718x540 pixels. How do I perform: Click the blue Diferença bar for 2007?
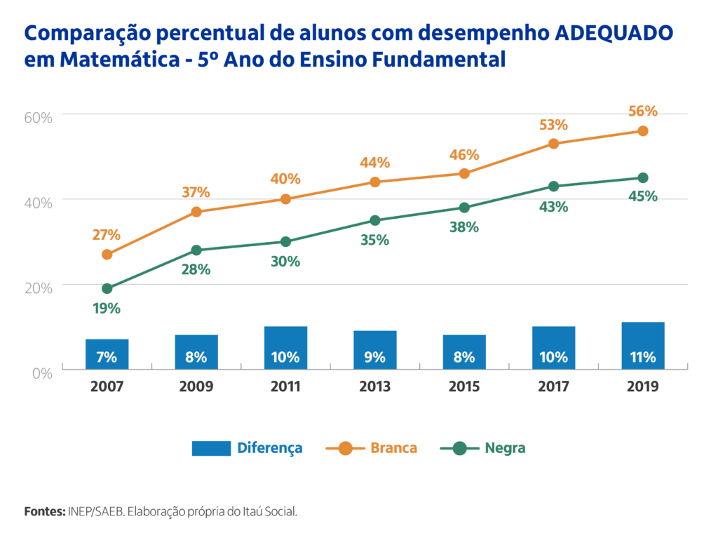coord(107,354)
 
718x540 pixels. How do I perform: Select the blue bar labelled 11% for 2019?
coord(642,346)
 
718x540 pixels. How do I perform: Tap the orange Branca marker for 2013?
coord(375,182)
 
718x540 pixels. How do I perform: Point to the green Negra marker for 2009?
coord(196,250)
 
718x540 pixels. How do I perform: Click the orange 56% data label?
coord(642,112)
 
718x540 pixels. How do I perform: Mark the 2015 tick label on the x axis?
coord(464,386)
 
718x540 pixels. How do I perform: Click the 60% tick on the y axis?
coord(39,117)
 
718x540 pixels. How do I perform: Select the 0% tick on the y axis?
coord(43,373)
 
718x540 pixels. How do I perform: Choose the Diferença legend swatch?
coord(211,448)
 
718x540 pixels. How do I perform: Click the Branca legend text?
coord(393,448)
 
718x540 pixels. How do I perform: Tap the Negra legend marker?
coord(460,448)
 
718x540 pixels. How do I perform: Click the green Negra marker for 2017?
coord(553,187)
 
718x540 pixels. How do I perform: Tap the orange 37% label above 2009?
coord(196,193)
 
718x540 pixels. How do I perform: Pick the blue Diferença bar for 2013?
coord(375,350)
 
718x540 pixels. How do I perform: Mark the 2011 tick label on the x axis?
coord(285,386)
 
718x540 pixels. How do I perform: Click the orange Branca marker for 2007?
coord(107,255)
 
